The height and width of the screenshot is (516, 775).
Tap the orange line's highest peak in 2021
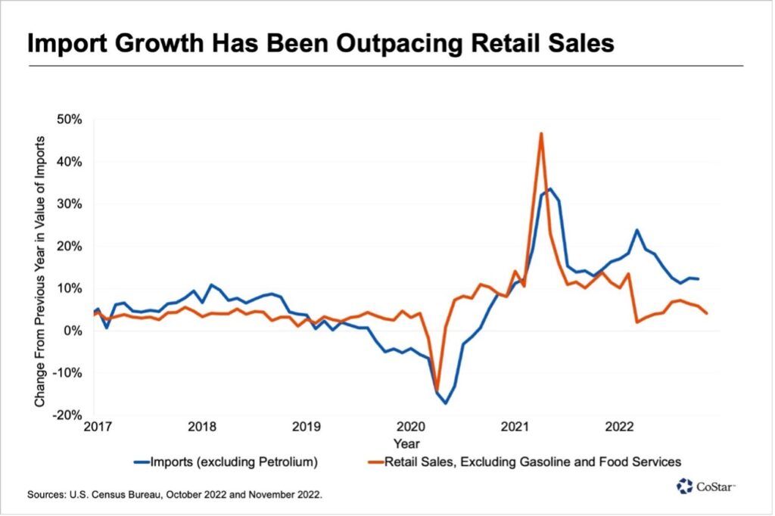[541, 133]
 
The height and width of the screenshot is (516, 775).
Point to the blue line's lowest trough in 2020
[446, 403]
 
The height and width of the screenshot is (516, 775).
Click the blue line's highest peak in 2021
[550, 188]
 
